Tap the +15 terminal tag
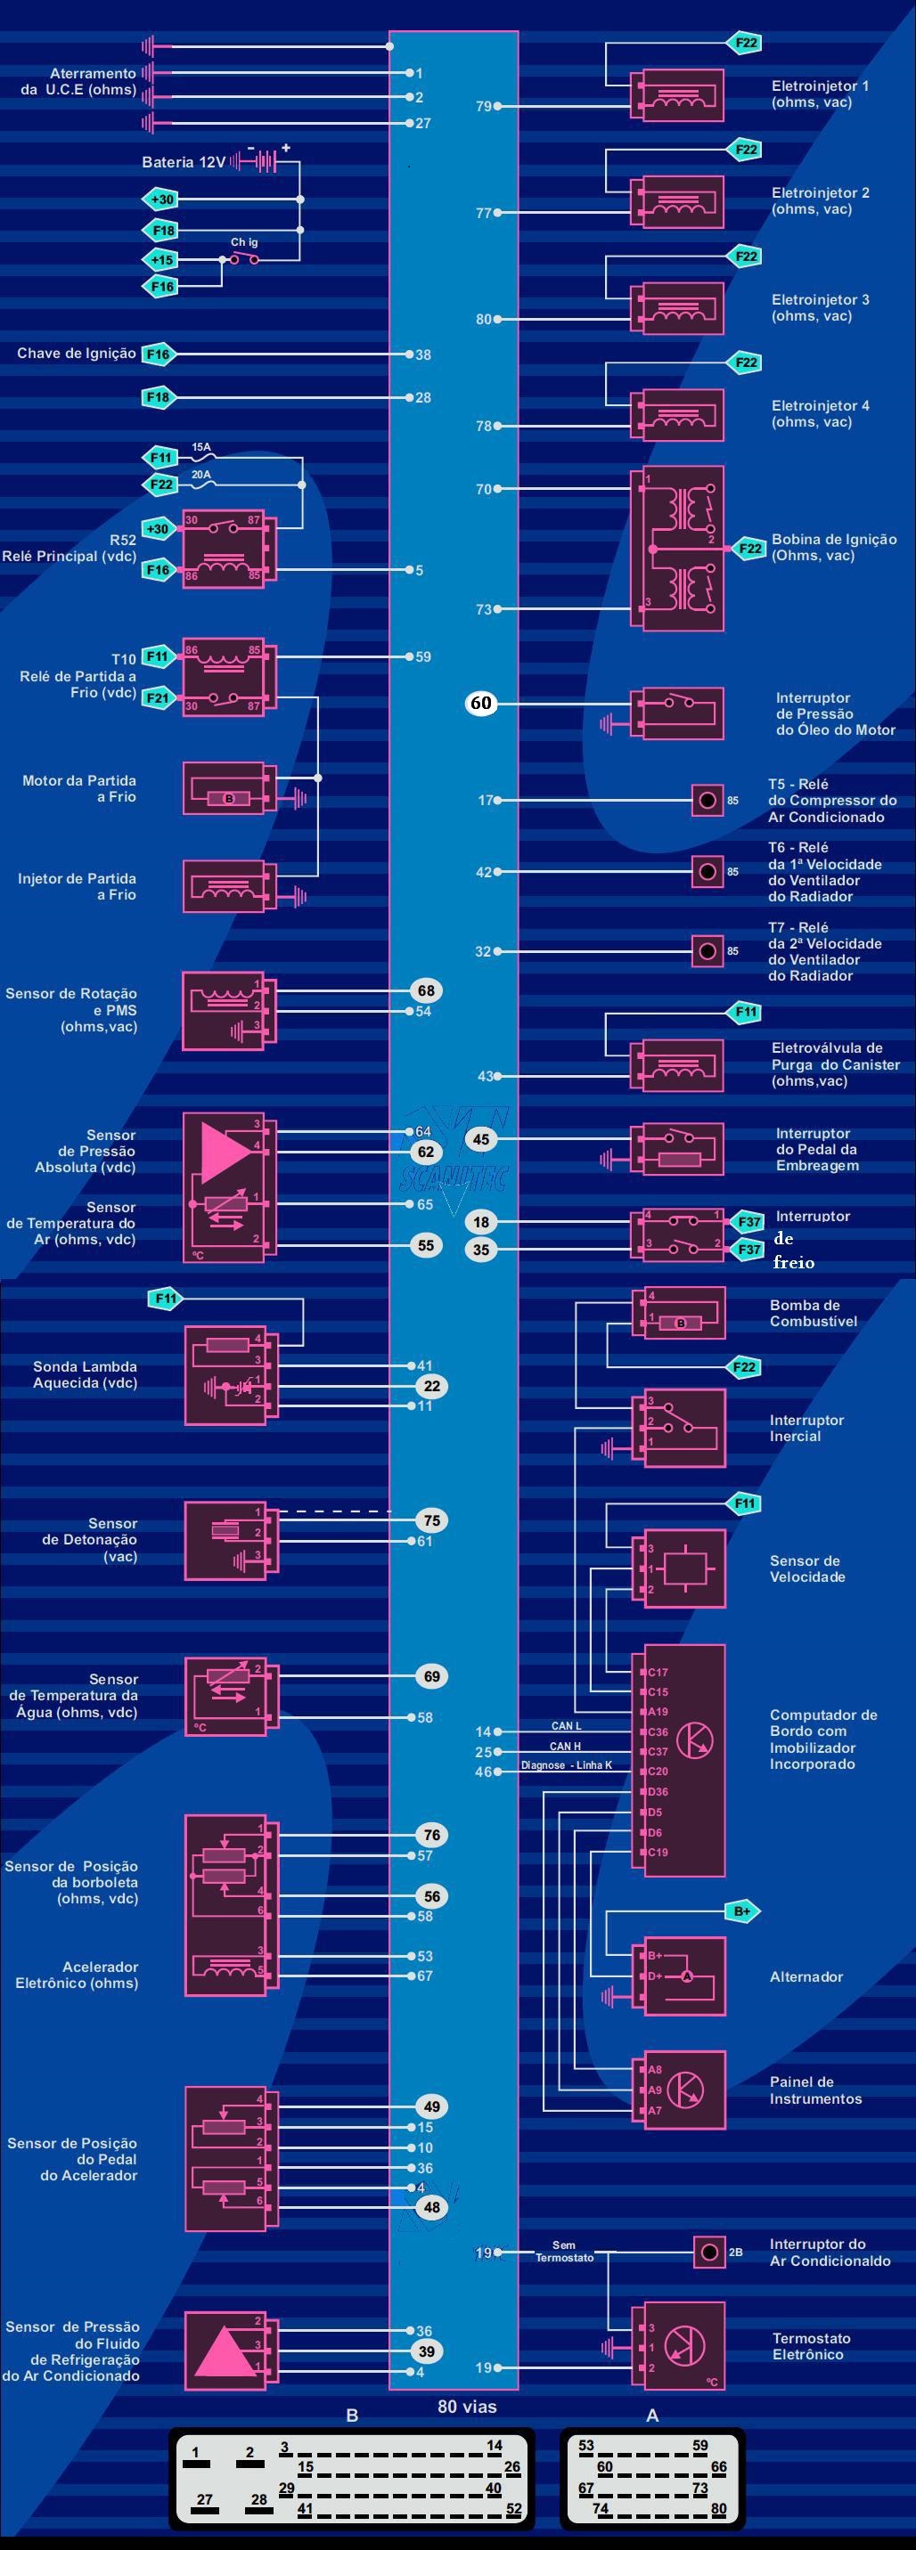(161, 259)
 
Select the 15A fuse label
(201, 447)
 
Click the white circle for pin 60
(480, 703)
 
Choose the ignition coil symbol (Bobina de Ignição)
(677, 548)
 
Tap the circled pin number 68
(426, 990)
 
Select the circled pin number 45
(480, 1139)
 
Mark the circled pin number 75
(432, 1520)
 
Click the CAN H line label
(566, 1747)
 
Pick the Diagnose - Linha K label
(567, 1765)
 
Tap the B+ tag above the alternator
(741, 1911)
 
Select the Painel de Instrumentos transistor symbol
(683, 2089)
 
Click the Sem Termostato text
(563, 2251)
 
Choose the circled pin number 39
(426, 2351)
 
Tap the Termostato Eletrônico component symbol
(683, 2346)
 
